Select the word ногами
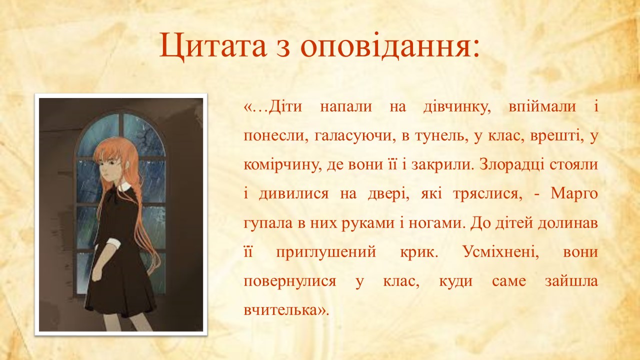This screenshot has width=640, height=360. point(435,223)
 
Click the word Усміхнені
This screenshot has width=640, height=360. point(500,252)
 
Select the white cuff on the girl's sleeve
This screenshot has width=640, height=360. point(113,243)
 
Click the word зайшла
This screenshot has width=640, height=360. point(571,281)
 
